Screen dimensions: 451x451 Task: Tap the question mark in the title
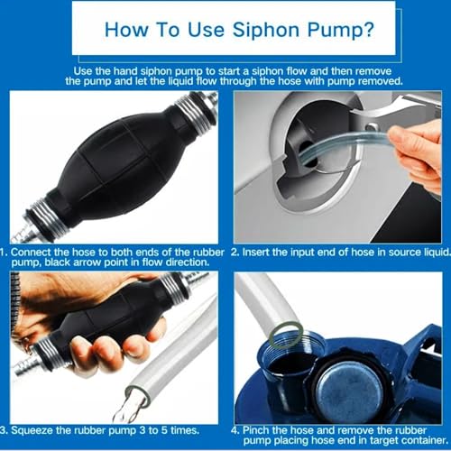367,30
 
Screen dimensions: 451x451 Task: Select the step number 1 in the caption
3,252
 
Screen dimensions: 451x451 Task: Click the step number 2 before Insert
235,252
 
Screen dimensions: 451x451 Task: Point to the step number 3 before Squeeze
4,430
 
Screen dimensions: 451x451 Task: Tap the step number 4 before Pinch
235,430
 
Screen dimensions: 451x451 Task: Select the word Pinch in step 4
255,430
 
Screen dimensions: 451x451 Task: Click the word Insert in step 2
255,252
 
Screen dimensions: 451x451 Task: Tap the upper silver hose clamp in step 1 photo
196,113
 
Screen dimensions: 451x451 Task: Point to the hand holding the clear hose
418,156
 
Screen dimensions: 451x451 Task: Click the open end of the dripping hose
138,395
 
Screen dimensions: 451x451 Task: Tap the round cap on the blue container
349,388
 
